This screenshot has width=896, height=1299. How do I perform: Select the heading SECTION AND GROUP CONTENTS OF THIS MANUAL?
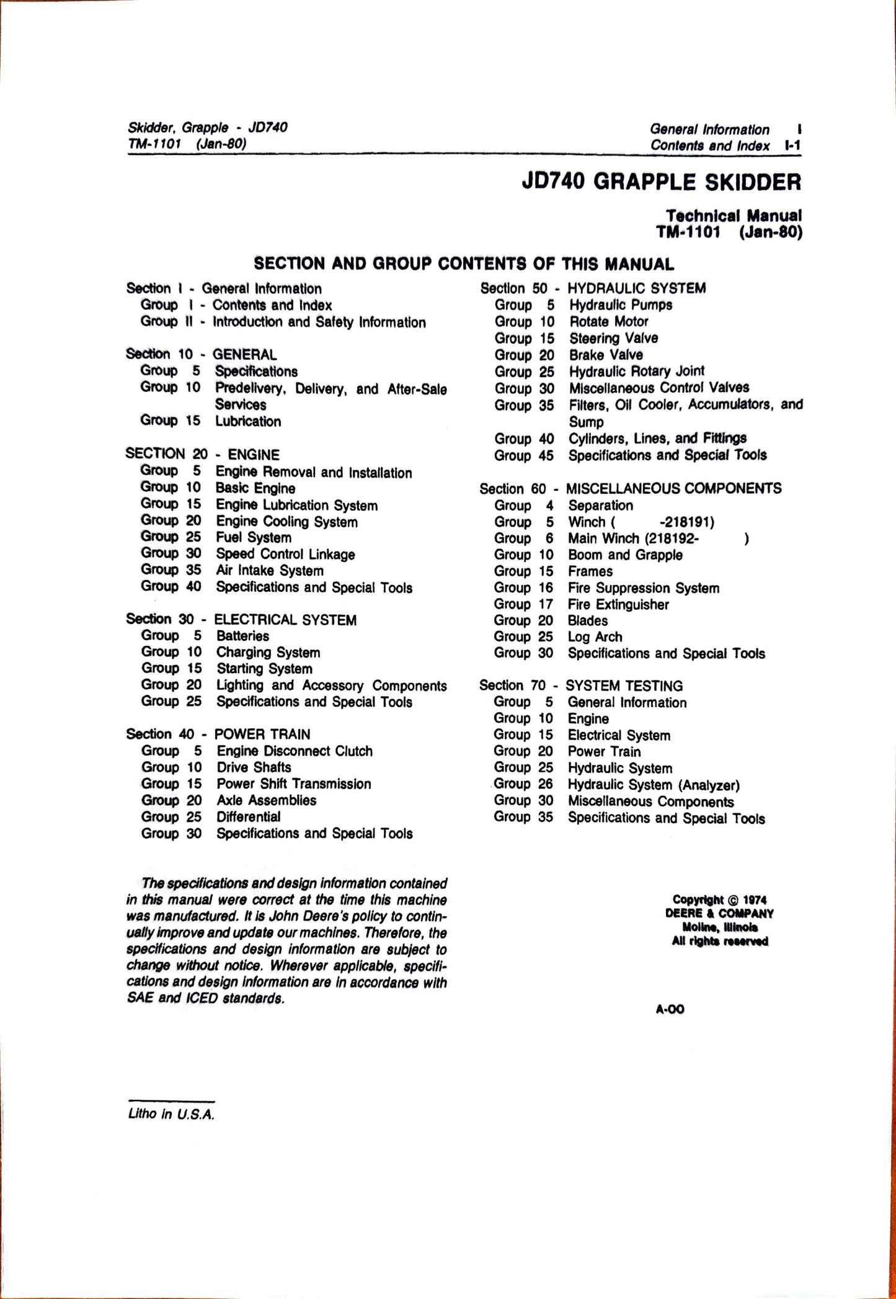[464, 264]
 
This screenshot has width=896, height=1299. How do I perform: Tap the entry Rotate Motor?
[608, 321]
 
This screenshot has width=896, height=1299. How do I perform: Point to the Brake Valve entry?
[606, 355]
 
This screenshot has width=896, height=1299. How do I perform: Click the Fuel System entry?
[254, 538]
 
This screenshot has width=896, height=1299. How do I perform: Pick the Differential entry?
[248, 816]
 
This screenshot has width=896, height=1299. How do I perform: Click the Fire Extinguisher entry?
[618, 604]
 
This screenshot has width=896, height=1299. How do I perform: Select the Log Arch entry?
[595, 637]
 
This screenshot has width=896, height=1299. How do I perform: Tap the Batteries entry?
[242, 636]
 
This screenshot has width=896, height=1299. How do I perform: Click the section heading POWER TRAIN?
[262, 734]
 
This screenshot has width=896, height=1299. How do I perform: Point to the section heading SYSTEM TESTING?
[624, 686]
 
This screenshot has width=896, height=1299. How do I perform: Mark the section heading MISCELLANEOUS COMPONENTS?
[673, 489]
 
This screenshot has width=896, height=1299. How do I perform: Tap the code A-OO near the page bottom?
[670, 1009]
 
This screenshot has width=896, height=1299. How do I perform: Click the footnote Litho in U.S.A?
[171, 1114]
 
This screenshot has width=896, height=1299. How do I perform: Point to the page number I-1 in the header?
[792, 146]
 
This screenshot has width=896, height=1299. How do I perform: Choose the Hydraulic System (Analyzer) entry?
[654, 785]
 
